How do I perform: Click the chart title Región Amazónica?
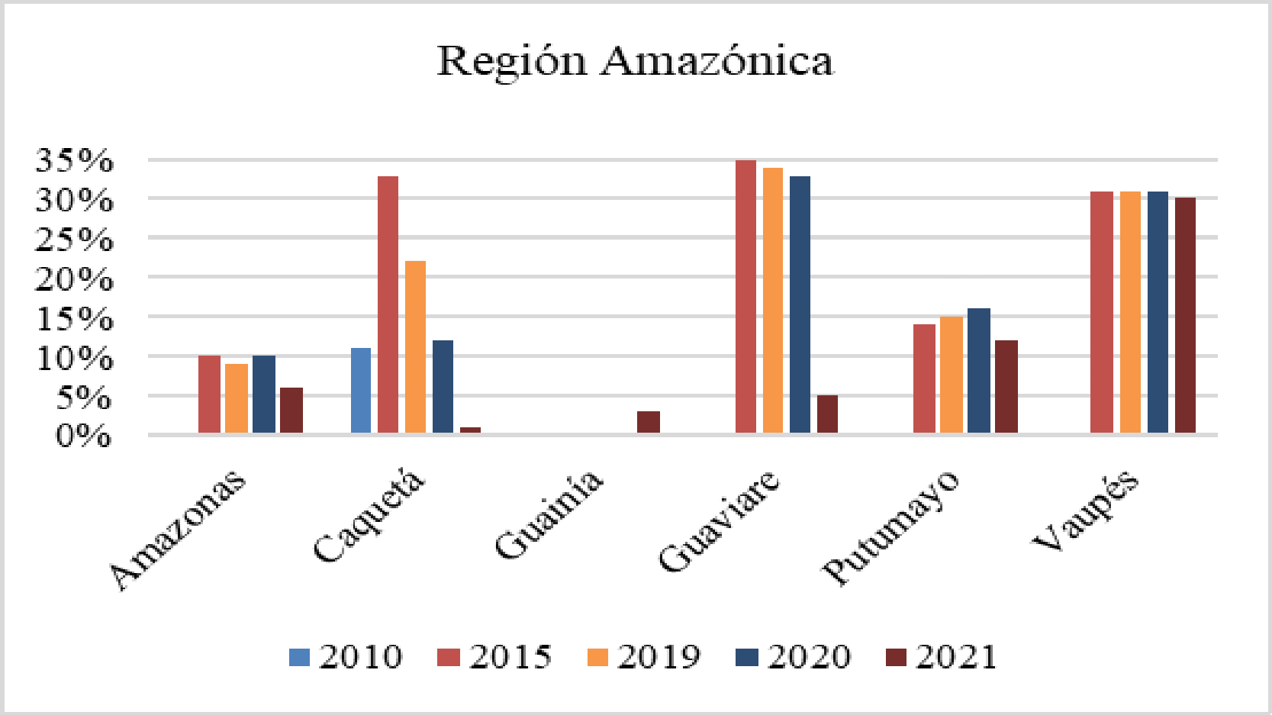(x=635, y=61)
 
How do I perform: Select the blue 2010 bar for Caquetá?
(x=361, y=391)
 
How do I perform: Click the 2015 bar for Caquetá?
(x=388, y=305)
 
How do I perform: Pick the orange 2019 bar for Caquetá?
(x=415, y=347)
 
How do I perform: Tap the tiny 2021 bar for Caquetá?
(x=470, y=430)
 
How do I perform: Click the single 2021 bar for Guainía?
(x=649, y=422)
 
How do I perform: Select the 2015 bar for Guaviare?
(x=745, y=298)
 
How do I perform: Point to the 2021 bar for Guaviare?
(x=827, y=414)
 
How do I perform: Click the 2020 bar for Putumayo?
(x=978, y=371)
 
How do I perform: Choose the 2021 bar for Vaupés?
(x=1185, y=315)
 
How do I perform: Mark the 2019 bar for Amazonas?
(x=237, y=398)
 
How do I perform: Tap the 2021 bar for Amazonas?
(x=291, y=411)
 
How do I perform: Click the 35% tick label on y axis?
(x=75, y=161)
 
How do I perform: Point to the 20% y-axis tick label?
(x=75, y=279)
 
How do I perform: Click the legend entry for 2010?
(x=346, y=657)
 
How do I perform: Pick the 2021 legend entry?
(x=942, y=657)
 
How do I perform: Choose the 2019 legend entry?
(x=644, y=657)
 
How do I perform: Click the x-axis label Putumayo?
(x=890, y=528)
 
